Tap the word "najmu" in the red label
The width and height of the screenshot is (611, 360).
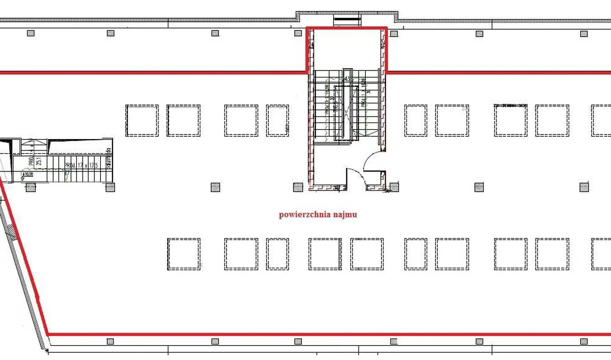[x=345, y=215]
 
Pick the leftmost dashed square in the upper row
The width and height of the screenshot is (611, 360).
[x=142, y=120]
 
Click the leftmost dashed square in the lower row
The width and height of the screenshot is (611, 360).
[x=184, y=254]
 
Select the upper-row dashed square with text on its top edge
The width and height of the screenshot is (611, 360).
[x=511, y=120]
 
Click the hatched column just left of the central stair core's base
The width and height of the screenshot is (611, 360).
[x=298, y=187]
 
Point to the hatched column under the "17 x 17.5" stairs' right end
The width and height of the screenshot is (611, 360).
[x=110, y=187]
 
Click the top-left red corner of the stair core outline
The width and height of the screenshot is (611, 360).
[x=308, y=29]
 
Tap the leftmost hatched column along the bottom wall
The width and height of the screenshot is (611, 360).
[x=110, y=341]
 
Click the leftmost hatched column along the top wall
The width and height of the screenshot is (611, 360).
[x=30, y=33]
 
